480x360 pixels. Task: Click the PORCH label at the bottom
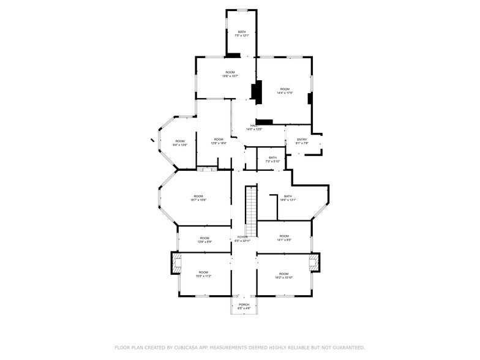pos(244,304)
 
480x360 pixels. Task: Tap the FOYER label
pos(243,237)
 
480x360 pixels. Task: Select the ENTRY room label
pos(302,140)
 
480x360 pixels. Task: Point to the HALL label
pos(253,126)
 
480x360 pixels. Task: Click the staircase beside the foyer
pos(251,211)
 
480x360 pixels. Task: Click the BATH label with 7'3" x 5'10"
pos(272,157)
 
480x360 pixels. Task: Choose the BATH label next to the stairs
pos(288,196)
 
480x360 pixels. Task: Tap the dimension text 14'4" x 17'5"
pos(285,93)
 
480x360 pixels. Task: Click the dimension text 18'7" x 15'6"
pos(198,200)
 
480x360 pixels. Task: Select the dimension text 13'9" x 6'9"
pos(204,242)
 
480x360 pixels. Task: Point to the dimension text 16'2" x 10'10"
pos(283,277)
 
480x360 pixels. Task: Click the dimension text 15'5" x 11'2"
pos(203,276)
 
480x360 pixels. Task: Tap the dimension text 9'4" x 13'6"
pos(180,145)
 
